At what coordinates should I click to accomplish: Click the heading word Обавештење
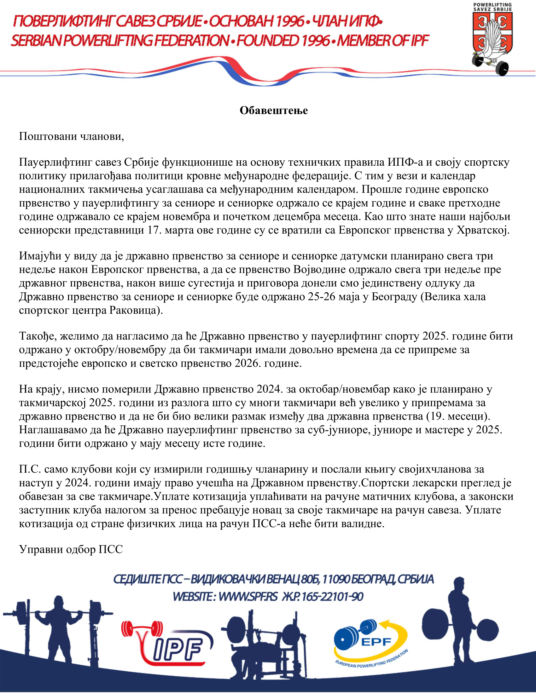tap(273, 111)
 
